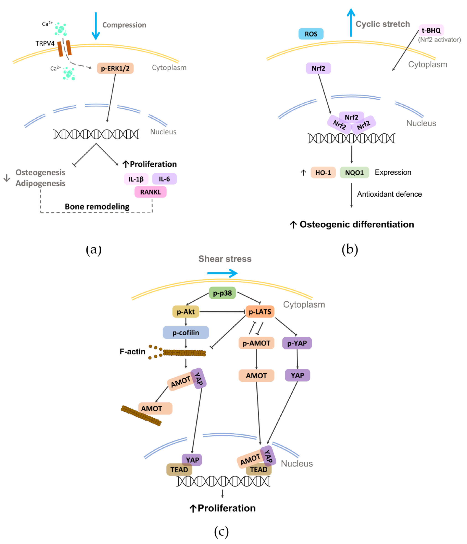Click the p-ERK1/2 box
click(115, 68)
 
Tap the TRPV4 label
click(45, 43)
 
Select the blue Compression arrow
click(96, 26)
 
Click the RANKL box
click(150, 192)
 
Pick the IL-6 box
click(164, 179)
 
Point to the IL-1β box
click(136, 179)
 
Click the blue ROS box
click(311, 34)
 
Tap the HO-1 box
click(323, 172)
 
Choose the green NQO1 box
click(354, 172)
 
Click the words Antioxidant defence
click(389, 194)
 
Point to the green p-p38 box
click(222, 293)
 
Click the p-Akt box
click(186, 312)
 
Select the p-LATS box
click(260, 312)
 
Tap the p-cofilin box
click(186, 333)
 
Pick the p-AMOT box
click(256, 343)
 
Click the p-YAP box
click(297, 343)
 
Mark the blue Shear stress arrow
click(222, 273)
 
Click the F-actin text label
click(132, 351)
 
